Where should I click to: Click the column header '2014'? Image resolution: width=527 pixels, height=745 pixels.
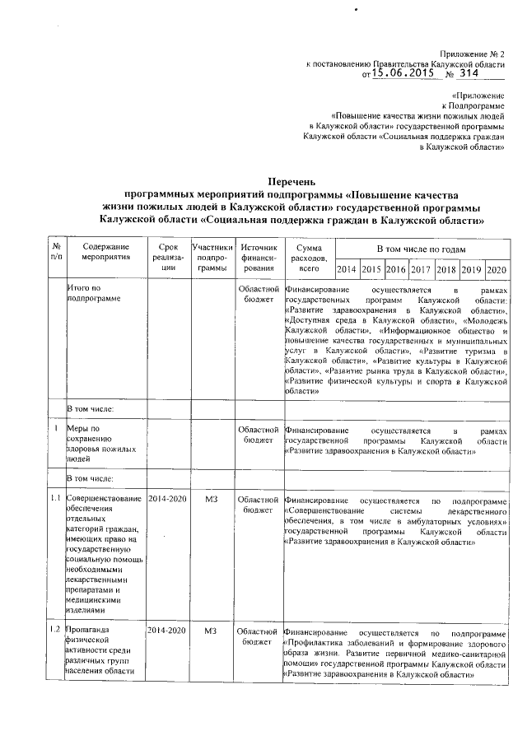347,269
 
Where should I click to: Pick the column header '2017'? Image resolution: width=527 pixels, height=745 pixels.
422,269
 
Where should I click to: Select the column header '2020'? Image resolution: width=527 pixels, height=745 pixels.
497,269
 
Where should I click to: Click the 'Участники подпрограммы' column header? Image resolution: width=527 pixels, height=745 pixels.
212,258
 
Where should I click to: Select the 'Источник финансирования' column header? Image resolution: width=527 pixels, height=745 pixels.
259,258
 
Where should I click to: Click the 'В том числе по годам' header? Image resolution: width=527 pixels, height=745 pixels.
422,249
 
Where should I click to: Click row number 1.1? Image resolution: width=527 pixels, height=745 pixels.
56,500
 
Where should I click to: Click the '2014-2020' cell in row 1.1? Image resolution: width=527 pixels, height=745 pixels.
168,500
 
